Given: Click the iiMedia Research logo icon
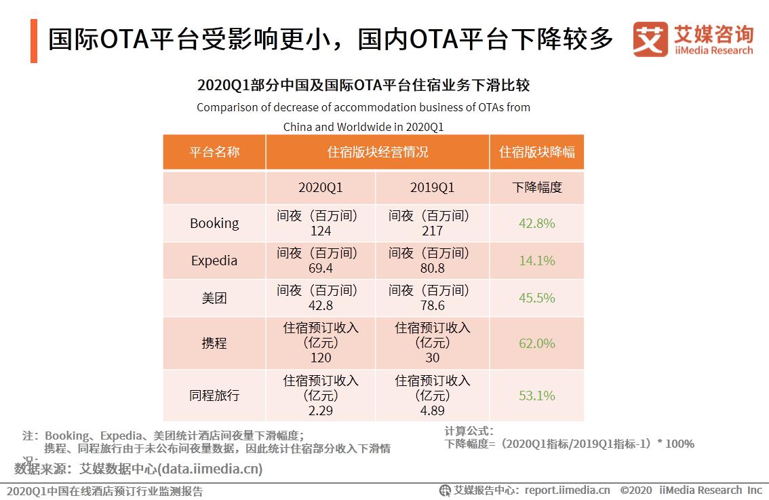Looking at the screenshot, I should point(650,40).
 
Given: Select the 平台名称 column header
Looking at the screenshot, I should point(214,152).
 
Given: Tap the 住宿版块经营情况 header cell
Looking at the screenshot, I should point(378,152).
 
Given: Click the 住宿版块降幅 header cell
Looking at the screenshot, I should point(536,152).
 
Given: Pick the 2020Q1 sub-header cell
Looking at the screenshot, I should point(320,187).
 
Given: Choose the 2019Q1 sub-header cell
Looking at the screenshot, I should point(432,187).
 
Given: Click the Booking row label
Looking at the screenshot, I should point(214,223).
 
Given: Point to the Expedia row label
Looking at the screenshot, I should point(214,261).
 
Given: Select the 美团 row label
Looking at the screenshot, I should point(214,298).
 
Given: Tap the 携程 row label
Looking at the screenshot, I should point(214,343).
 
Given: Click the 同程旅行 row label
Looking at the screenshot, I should point(214,395).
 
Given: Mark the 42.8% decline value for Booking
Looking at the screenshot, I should point(536,223).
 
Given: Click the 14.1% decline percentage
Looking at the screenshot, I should point(536,261).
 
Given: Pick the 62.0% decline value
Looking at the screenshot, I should point(536,343).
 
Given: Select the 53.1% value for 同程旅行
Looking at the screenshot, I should point(536,395).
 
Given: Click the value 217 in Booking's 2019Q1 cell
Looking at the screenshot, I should point(432,231).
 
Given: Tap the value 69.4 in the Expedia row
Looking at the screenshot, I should point(320,269).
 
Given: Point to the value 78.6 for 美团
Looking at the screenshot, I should point(432,306).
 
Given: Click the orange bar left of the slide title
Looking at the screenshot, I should point(34,41).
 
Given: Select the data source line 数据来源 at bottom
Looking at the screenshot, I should point(138,469).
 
